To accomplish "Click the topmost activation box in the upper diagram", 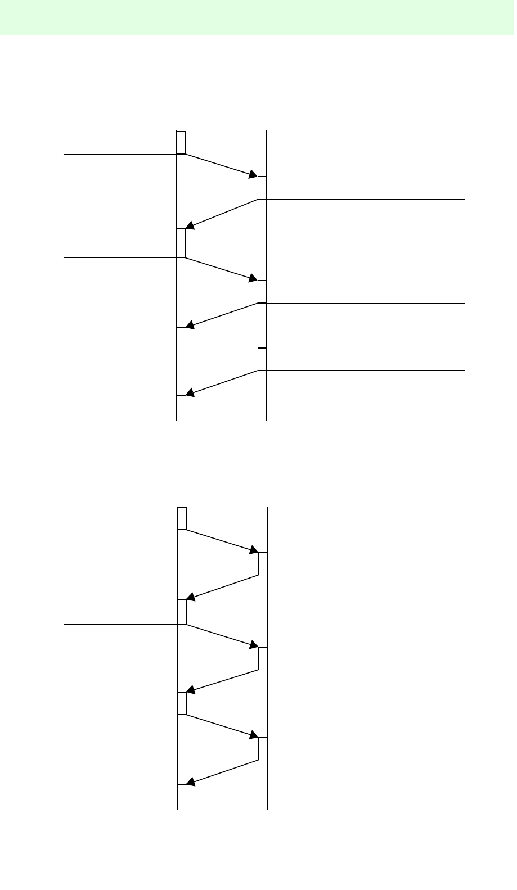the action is pyautogui.click(x=181, y=142).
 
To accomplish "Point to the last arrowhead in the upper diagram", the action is pyautogui.click(x=190, y=394).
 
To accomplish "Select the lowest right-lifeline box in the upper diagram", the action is pyautogui.click(x=262, y=359).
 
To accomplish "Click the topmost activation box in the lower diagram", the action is pyautogui.click(x=182, y=518).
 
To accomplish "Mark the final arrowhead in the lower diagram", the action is pyautogui.click(x=191, y=782).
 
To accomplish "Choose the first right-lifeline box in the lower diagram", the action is pyautogui.click(x=263, y=564).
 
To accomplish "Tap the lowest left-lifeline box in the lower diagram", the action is pyautogui.click(x=182, y=703).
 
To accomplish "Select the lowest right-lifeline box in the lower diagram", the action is pyautogui.click(x=263, y=748).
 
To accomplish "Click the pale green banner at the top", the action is pyautogui.click(x=258, y=17).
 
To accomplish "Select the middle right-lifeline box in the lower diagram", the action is pyautogui.click(x=263, y=658).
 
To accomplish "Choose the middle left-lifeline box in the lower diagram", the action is pyautogui.click(x=182, y=612).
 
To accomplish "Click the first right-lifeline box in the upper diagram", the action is pyautogui.click(x=262, y=188).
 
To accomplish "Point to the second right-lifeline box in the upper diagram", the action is pyautogui.click(x=262, y=291).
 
